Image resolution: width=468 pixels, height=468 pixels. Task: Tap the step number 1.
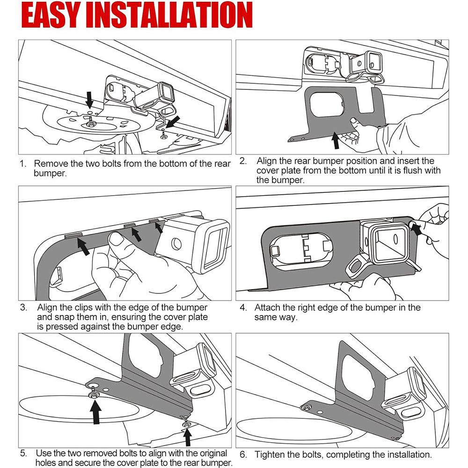[22, 164]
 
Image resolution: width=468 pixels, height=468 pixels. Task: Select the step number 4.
[243, 308]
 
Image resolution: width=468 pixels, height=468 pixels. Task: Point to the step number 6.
[243, 454]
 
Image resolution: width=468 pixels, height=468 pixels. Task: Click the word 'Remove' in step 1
[49, 164]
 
